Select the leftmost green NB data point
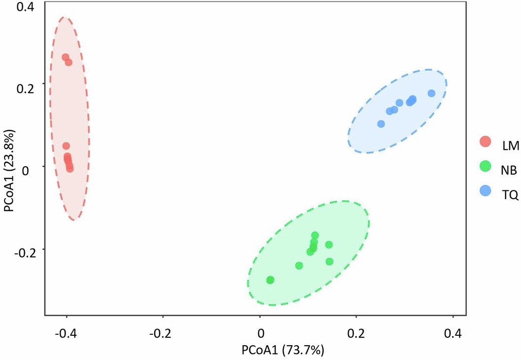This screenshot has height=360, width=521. click(x=270, y=280)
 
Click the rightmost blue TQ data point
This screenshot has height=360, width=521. click(x=431, y=93)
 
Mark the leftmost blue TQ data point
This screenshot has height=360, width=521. click(x=381, y=124)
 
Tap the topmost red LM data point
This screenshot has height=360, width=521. click(x=65, y=58)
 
